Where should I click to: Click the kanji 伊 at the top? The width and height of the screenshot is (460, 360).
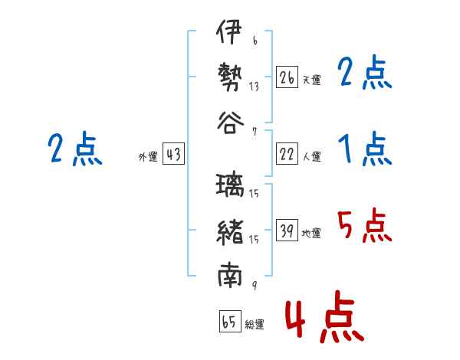click(x=229, y=31)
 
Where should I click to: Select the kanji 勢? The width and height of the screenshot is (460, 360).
click(x=230, y=77)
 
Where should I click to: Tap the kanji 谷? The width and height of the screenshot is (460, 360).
click(x=231, y=123)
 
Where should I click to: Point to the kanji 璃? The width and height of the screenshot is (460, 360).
click(x=230, y=185)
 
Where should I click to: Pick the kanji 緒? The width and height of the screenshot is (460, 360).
click(x=230, y=232)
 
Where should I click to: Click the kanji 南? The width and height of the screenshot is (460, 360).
click(x=230, y=275)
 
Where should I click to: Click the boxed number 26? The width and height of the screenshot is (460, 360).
click(x=287, y=77)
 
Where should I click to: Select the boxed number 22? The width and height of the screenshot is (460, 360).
click(x=287, y=153)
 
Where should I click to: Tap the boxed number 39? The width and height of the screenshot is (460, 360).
click(x=287, y=230)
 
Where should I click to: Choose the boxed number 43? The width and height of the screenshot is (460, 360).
click(x=174, y=153)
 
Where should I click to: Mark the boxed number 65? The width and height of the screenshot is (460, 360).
click(x=230, y=321)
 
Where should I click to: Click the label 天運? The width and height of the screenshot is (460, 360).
click(x=312, y=80)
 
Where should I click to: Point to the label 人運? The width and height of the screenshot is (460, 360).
click(x=312, y=156)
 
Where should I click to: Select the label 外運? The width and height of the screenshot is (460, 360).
click(x=148, y=156)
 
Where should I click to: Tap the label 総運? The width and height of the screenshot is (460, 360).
click(x=255, y=324)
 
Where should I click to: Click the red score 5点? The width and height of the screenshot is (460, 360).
click(x=364, y=225)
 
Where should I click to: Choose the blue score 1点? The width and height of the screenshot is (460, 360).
click(x=365, y=149)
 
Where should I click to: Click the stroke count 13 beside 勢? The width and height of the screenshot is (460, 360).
click(x=254, y=87)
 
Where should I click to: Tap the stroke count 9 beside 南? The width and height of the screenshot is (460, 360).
click(x=255, y=285)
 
